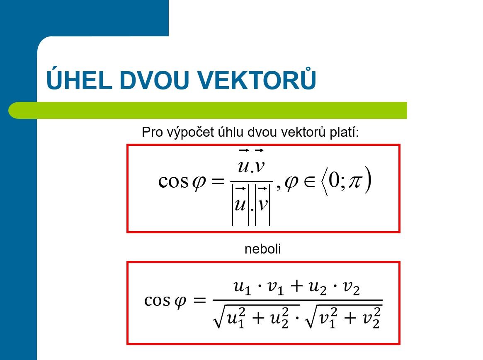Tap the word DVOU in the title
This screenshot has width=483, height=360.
point(154,80)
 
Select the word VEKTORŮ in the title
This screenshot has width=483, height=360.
point(257,78)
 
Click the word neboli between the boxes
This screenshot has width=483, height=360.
point(263,249)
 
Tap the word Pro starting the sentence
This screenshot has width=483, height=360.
point(152,132)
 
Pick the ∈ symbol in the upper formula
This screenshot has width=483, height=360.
point(310,181)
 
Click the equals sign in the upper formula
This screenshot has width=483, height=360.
point(218,181)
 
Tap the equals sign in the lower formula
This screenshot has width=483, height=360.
point(199,300)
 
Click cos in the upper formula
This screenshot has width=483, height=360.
point(173,181)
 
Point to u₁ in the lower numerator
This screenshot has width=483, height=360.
point(243,288)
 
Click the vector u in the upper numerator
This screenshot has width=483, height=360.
point(244,162)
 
